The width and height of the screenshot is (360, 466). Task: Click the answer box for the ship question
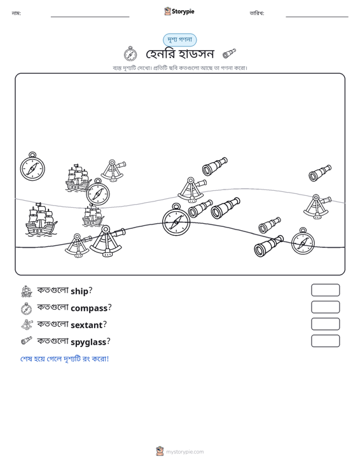[325, 290]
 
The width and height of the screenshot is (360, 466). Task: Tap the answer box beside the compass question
[325, 307]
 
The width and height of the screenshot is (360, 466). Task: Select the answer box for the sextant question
[325, 324]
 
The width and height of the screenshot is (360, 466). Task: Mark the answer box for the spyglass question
[325, 341]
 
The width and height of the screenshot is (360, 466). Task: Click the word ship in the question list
[80, 291]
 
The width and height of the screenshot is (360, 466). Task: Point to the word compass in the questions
[89, 308]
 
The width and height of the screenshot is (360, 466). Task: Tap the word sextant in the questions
[87, 325]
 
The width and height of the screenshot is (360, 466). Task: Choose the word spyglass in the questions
[88, 342]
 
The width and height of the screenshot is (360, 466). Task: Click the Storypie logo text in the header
[183, 11]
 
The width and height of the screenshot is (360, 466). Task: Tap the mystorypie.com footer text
[184, 452]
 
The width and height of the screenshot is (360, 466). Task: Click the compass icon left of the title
[130, 53]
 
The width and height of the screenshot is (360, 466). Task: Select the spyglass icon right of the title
[229, 53]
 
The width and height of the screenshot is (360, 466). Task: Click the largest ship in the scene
[41, 219]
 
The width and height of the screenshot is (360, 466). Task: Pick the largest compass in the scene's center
[176, 219]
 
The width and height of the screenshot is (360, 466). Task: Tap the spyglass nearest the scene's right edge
[320, 173]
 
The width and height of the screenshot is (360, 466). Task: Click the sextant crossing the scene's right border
[317, 207]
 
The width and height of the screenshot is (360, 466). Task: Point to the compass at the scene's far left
[32, 166]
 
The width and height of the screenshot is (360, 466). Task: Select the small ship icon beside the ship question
[27, 291]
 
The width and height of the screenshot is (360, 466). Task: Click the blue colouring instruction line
[64, 359]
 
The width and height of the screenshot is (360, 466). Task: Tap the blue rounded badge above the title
[179, 40]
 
